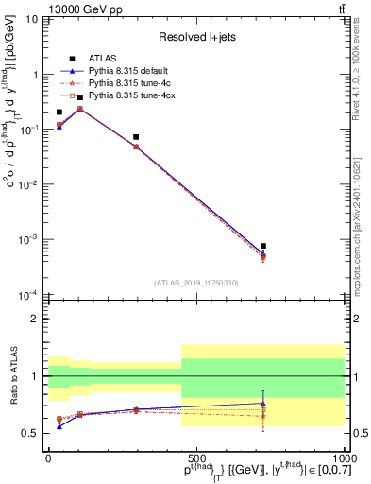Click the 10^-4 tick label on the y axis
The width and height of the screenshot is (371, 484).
29,295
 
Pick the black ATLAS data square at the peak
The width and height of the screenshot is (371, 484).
80,97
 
